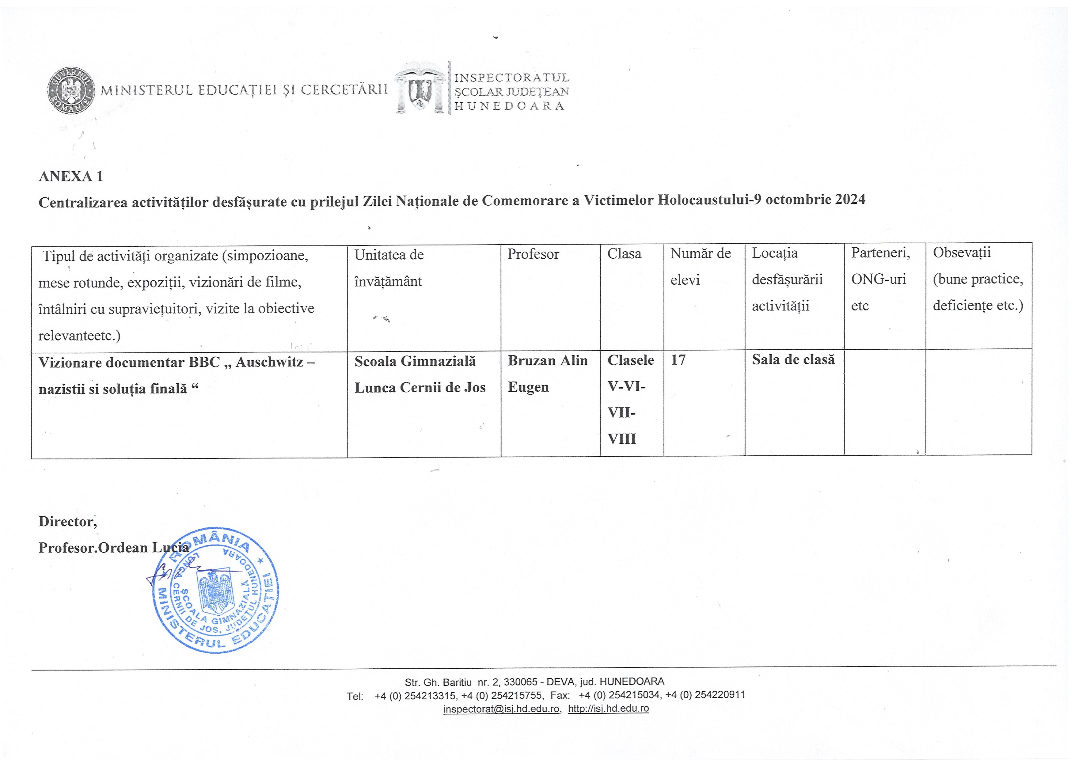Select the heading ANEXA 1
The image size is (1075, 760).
(71, 177)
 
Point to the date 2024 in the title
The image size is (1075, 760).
(850, 199)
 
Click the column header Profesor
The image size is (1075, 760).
(533, 254)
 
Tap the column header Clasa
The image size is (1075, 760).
(624, 254)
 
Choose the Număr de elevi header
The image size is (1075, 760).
(701, 266)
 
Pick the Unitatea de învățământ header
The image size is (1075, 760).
(389, 268)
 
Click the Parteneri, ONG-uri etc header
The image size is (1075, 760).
(880, 279)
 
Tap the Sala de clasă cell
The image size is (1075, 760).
(793, 360)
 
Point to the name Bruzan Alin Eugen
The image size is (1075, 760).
(547, 374)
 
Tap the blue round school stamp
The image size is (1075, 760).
(216, 591)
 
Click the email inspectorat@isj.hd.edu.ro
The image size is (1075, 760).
(501, 709)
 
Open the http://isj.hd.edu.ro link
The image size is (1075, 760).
(608, 709)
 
